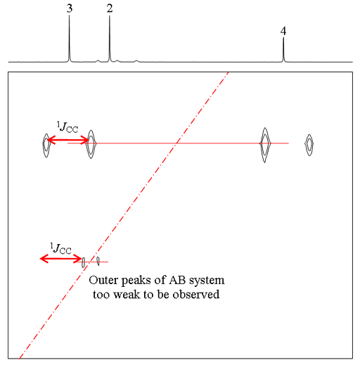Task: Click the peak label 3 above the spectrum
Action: tap(70, 8)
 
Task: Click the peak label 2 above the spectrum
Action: tap(110, 8)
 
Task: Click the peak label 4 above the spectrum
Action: tap(283, 31)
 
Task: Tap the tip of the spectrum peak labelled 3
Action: tap(69, 15)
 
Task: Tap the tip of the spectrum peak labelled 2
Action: tap(110, 16)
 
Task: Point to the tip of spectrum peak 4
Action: tap(283, 38)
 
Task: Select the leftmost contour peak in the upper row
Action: tap(46, 146)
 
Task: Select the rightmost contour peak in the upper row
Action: tap(309, 145)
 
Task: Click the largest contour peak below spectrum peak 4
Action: tap(265, 145)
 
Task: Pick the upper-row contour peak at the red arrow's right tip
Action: tap(91, 144)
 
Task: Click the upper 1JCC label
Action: tap(67, 127)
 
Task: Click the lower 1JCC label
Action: tap(60, 248)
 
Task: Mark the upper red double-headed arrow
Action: tap(68, 141)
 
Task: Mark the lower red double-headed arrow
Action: tap(60, 259)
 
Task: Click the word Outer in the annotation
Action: tap(103, 280)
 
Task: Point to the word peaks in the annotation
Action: tap(136, 281)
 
